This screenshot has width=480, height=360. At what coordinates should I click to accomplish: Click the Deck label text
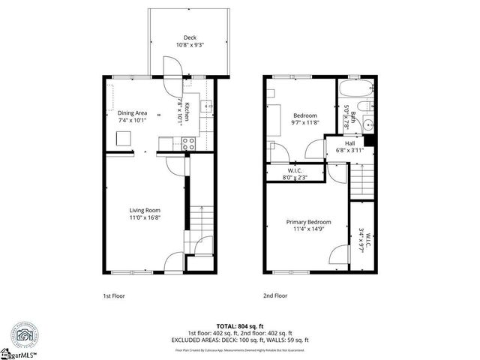point(189,37)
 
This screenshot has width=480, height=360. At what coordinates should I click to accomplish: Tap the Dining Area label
point(132,112)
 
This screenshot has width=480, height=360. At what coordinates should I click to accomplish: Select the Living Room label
point(145,210)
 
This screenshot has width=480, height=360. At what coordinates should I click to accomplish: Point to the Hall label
point(349,143)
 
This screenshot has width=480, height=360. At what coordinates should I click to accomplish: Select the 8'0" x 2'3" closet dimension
point(294,177)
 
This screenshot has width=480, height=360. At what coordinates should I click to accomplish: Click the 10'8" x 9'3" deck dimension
point(189,45)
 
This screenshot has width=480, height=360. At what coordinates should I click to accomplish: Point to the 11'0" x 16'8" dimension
point(145,217)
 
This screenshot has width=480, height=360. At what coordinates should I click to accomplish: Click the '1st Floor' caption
point(113,296)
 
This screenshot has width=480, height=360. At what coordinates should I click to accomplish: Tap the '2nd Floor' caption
point(274,296)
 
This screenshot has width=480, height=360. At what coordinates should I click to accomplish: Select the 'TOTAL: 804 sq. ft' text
point(239,325)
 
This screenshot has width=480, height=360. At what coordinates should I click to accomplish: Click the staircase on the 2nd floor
point(361,180)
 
